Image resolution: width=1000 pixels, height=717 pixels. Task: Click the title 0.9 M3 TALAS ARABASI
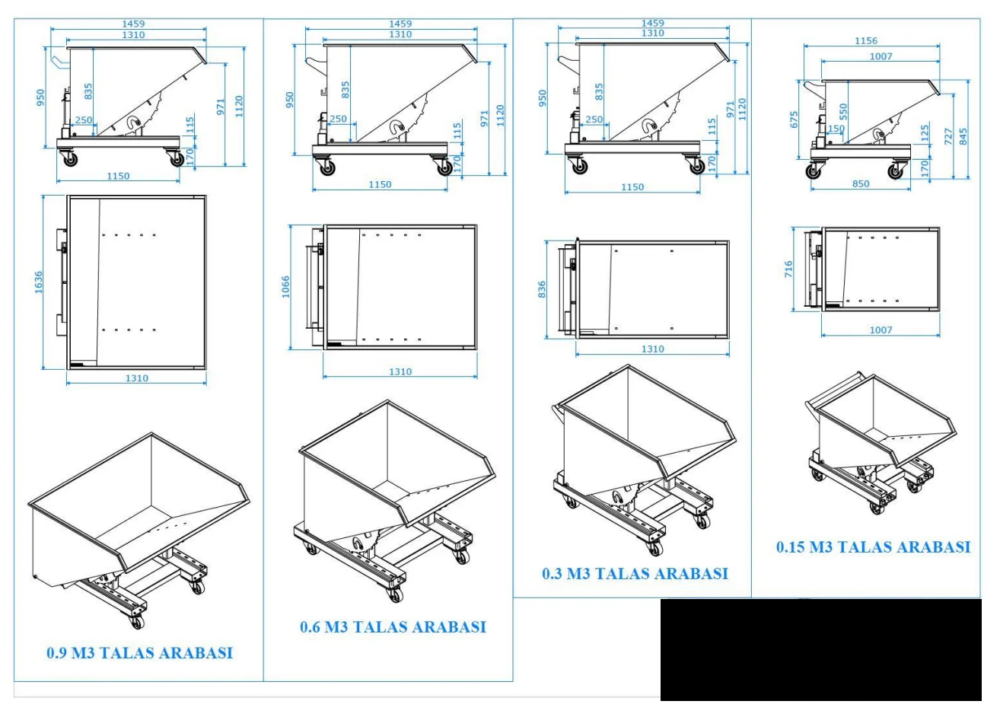tap(140, 653)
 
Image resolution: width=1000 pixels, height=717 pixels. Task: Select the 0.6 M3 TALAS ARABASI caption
tap(393, 627)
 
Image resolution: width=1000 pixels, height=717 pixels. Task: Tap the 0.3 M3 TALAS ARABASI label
tap(635, 573)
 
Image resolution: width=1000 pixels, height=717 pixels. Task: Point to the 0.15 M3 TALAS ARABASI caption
tap(873, 547)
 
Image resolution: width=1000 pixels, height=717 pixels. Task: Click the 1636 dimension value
tap(39, 282)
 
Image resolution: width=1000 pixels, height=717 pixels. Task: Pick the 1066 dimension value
tap(285, 287)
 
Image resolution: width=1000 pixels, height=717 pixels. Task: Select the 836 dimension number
tap(542, 290)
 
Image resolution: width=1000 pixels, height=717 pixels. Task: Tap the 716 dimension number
tap(788, 269)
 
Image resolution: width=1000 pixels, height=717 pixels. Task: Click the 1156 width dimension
tap(866, 40)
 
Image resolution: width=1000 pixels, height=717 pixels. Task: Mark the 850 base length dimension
tap(861, 184)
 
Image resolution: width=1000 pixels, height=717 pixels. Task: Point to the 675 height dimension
tap(794, 120)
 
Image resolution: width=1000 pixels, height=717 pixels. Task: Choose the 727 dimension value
tap(949, 136)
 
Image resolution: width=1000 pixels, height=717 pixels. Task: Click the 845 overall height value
tap(963, 136)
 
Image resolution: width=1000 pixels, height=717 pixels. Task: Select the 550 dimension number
tap(843, 112)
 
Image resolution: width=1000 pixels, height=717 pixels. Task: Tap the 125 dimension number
tap(925, 133)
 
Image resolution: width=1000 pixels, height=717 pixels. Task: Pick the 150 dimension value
tap(836, 128)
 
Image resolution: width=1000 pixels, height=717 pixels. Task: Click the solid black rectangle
tap(820, 649)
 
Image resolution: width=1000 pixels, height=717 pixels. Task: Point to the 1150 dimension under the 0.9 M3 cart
tap(118, 176)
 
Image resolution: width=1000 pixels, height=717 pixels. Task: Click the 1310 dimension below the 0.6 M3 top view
tap(400, 371)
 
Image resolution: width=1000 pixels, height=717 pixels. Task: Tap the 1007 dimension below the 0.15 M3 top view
tap(881, 330)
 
